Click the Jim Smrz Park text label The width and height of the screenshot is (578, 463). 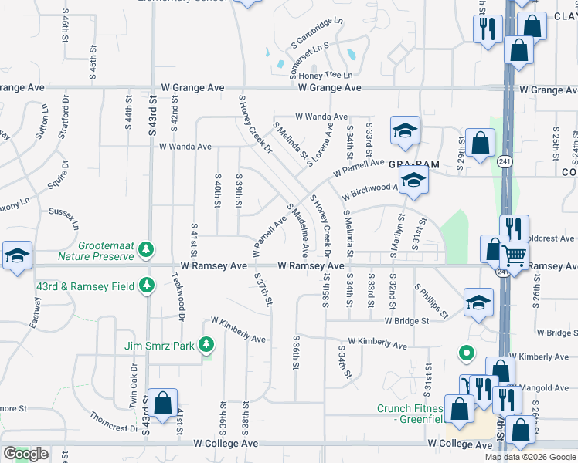160,346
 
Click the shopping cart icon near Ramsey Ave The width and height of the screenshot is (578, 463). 513,254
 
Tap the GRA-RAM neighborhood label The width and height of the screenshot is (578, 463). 407,164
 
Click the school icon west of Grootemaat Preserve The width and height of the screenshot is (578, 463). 16,256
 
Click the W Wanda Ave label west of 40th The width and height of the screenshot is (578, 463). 185,146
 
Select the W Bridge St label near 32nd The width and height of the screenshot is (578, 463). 406,321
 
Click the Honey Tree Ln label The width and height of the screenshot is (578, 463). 325,76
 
